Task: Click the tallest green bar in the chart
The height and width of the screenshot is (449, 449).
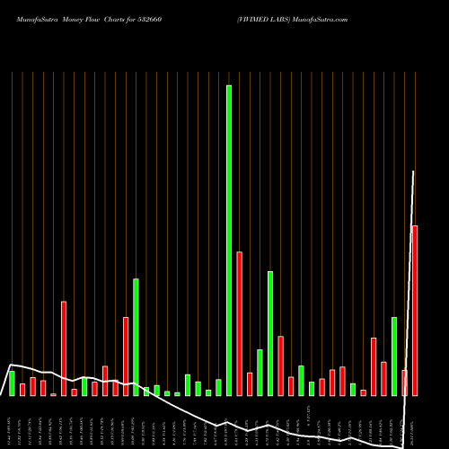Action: (x=229, y=241)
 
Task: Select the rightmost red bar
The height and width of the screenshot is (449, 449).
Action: (x=415, y=310)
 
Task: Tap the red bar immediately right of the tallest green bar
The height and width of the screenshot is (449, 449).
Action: (x=240, y=323)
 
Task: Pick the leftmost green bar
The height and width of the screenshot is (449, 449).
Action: (x=12, y=383)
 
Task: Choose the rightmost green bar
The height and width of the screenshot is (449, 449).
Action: (x=394, y=357)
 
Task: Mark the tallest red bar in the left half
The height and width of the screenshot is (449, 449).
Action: (x=64, y=348)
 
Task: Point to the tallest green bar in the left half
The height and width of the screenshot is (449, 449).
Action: (x=136, y=337)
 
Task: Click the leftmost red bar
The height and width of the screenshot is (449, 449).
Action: (x=22, y=390)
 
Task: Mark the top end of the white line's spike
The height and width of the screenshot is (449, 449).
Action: (x=414, y=171)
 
